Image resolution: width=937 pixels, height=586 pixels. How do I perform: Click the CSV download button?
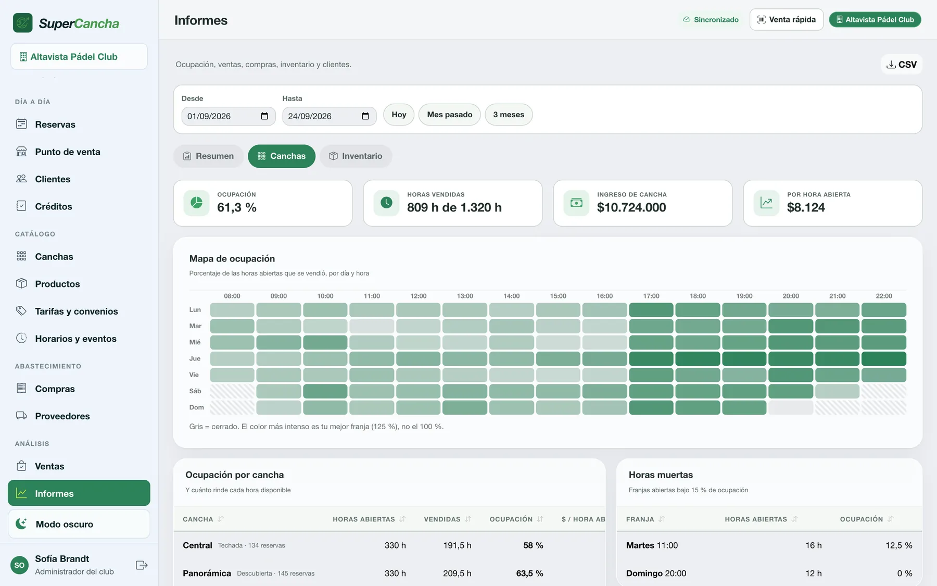(902, 65)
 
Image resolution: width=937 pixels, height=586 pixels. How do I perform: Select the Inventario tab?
(356, 156)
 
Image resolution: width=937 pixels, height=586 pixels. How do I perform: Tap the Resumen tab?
(208, 156)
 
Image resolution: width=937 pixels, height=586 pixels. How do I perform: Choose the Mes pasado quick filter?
(450, 115)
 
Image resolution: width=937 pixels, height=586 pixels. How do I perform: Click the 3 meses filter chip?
(509, 115)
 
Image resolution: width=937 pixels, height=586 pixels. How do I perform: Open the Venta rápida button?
(787, 20)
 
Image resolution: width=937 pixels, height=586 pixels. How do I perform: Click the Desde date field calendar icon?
(264, 116)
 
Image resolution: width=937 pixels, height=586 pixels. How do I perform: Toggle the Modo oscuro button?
(79, 524)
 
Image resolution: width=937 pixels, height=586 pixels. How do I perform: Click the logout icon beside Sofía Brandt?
(142, 565)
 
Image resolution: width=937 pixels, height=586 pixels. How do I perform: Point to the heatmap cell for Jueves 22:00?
(884, 359)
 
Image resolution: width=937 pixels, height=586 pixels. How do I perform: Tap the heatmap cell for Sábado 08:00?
(232, 391)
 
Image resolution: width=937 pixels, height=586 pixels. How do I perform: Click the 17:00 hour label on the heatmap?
(651, 296)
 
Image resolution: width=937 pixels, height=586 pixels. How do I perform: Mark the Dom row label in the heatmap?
(196, 407)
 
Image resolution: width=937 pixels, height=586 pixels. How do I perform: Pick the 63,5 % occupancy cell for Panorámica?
(529, 573)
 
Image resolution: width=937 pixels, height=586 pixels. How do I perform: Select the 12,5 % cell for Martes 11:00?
(899, 545)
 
